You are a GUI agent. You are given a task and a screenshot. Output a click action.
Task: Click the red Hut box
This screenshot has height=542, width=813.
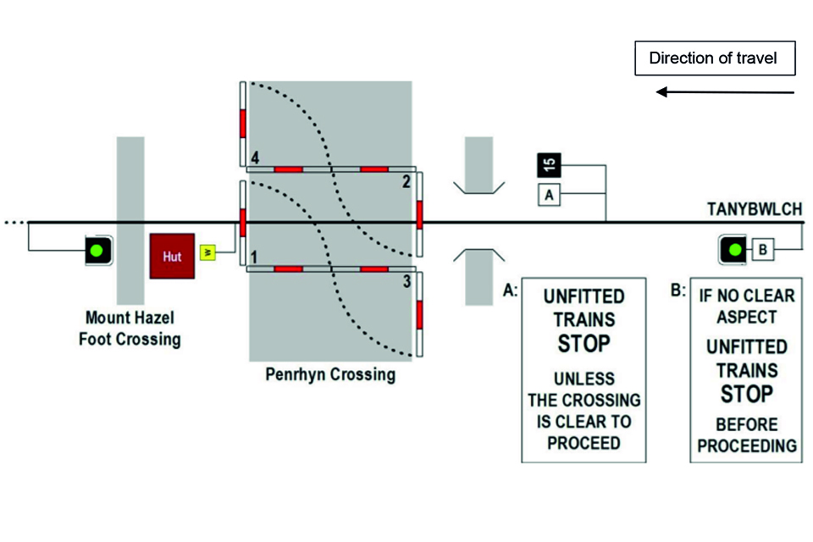click(172, 256)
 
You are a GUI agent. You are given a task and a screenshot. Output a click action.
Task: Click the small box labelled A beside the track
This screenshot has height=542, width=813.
click(549, 195)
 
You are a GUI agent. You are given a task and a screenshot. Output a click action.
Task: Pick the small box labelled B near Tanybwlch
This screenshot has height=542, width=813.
click(762, 250)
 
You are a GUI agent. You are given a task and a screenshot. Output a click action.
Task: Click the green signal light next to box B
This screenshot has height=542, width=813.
click(734, 250)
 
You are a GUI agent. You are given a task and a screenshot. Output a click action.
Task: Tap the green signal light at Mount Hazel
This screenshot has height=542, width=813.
click(98, 251)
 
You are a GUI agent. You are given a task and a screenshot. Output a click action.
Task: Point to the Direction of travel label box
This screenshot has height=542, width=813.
click(716, 59)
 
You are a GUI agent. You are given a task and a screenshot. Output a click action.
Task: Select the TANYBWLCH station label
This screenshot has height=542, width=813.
click(750, 208)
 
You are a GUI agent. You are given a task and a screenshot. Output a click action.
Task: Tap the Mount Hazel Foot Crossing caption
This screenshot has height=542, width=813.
click(133, 329)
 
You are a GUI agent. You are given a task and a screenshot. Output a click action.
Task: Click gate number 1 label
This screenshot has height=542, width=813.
click(253, 256)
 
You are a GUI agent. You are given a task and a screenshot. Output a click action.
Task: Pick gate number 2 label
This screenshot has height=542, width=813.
click(406, 181)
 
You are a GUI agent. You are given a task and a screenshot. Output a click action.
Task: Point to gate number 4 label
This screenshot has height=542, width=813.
click(254, 158)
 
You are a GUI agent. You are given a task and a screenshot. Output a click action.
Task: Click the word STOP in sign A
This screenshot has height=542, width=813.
click(583, 344)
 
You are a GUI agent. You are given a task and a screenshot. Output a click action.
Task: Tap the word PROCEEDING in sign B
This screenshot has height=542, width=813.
click(745, 445)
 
